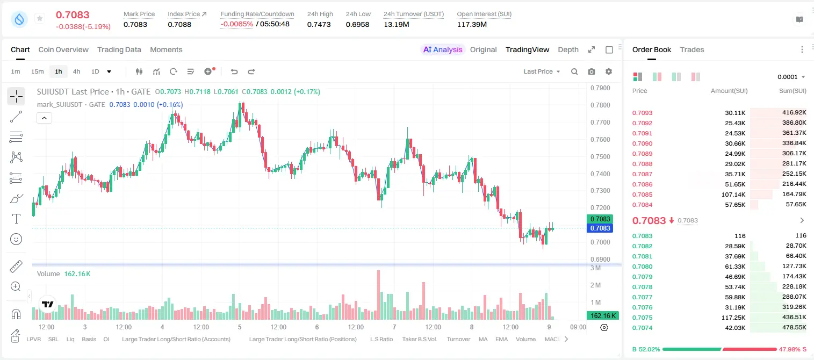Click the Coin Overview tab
[63, 49]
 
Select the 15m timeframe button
[38, 71]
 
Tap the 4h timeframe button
[76, 71]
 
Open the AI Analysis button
[443, 49]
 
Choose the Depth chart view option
[568, 49]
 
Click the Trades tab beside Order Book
[691, 49]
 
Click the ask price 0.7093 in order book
[642, 113]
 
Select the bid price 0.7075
[642, 318]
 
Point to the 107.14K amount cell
[733, 195]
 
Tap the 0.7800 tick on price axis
[600, 105]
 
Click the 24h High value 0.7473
[319, 24]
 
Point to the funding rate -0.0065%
[236, 24]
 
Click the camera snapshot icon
[592, 71]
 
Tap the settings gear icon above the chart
[609, 71]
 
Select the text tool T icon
[16, 219]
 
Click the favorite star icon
[40, 18]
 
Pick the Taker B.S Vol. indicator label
[419, 339]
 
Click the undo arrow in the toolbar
[234, 71]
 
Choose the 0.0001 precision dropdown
[791, 77]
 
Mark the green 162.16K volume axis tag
[602, 316]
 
